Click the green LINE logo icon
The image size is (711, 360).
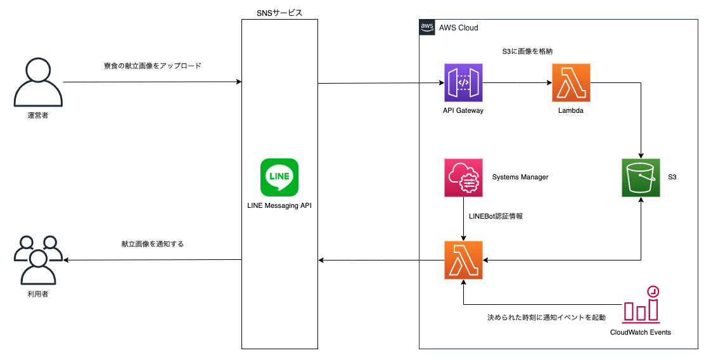coord(279,177)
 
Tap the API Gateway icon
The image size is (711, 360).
coord(463,82)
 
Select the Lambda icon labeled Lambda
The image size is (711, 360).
coord(571,82)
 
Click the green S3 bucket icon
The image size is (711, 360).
coord(641,177)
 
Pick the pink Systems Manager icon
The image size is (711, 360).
coord(463,177)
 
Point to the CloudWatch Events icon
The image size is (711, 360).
coord(641,304)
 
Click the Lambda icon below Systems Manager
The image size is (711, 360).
coord(463,260)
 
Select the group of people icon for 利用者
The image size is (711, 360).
coord(38,260)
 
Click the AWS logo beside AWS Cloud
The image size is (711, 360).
coord(427,27)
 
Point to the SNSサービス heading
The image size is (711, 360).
coord(279,12)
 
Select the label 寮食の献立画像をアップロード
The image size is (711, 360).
coord(152,66)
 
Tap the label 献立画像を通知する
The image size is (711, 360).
coord(152,243)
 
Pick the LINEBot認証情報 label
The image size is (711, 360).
coord(495,216)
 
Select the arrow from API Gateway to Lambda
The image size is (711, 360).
coord(516,82)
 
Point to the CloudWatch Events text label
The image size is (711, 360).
coord(640,332)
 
